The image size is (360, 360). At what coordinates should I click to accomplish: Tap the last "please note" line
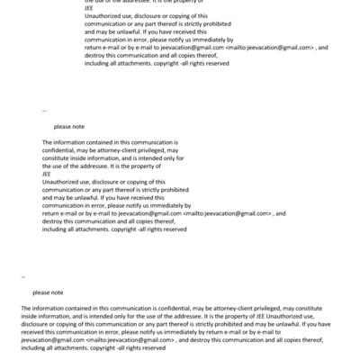(48, 292)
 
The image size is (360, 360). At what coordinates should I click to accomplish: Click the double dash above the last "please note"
(22, 276)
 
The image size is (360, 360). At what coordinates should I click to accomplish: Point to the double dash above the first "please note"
(44, 112)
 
